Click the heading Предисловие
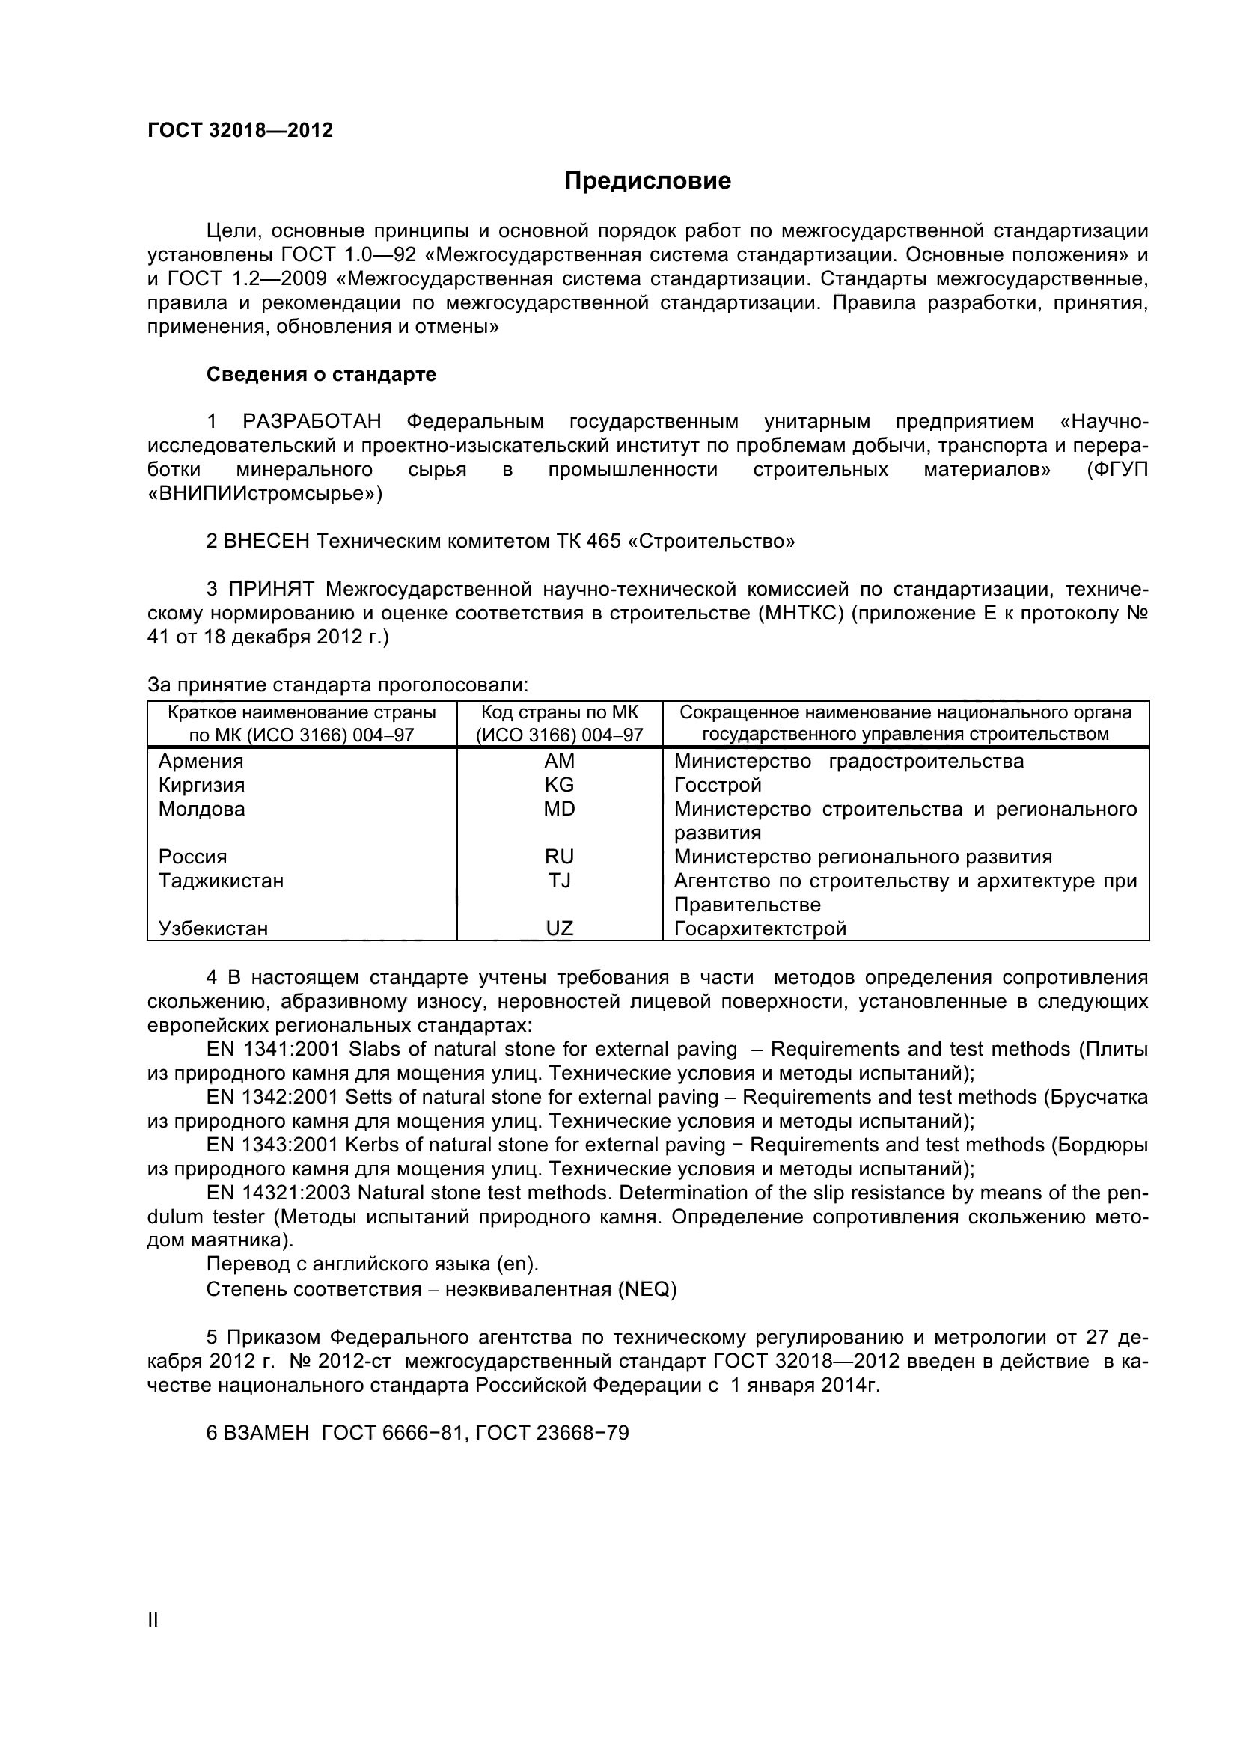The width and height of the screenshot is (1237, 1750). [x=647, y=180]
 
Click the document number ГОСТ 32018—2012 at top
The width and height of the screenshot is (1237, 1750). [x=240, y=130]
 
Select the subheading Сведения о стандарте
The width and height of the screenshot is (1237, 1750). [x=321, y=374]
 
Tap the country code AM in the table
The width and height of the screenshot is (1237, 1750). [x=560, y=761]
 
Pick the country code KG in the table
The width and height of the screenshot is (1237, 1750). [x=560, y=784]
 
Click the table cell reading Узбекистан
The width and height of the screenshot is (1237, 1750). [x=213, y=928]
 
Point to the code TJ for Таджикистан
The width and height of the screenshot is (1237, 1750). [x=560, y=881]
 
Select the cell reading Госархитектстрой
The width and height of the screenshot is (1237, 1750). [x=760, y=928]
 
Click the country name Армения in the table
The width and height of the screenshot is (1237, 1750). [x=201, y=761]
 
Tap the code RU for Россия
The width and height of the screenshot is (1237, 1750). [x=560, y=857]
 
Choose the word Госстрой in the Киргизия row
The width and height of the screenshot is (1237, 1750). [x=718, y=784]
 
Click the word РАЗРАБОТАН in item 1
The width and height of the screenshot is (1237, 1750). [x=312, y=421]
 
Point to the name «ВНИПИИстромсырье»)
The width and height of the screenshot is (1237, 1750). [x=264, y=494]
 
